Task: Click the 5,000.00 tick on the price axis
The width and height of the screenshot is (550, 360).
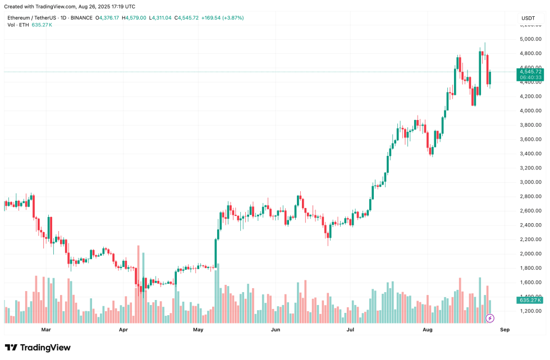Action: [x=530, y=39]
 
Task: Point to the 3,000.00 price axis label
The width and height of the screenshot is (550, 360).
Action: [x=530, y=182]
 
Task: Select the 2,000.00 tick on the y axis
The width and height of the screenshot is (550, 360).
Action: [x=530, y=254]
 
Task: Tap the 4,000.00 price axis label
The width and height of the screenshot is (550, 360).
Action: [x=530, y=111]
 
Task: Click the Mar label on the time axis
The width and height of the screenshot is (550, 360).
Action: [x=46, y=330]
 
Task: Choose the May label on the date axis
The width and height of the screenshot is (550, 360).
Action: [x=198, y=330]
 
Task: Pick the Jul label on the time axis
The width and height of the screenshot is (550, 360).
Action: [x=350, y=330]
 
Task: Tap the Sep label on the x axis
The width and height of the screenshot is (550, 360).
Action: [x=505, y=330]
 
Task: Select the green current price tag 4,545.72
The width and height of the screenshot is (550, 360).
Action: [x=530, y=72]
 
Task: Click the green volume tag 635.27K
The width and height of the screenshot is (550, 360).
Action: [x=530, y=301]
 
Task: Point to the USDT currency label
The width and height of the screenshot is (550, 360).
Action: [x=528, y=18]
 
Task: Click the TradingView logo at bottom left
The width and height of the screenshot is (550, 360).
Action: [x=38, y=348]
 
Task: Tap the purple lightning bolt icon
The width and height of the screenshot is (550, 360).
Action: [x=489, y=319]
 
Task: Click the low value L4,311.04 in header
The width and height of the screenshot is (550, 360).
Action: [x=161, y=18]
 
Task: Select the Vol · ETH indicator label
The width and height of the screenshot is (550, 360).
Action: [x=18, y=25]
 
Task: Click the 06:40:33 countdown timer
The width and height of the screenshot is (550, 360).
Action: [x=530, y=78]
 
